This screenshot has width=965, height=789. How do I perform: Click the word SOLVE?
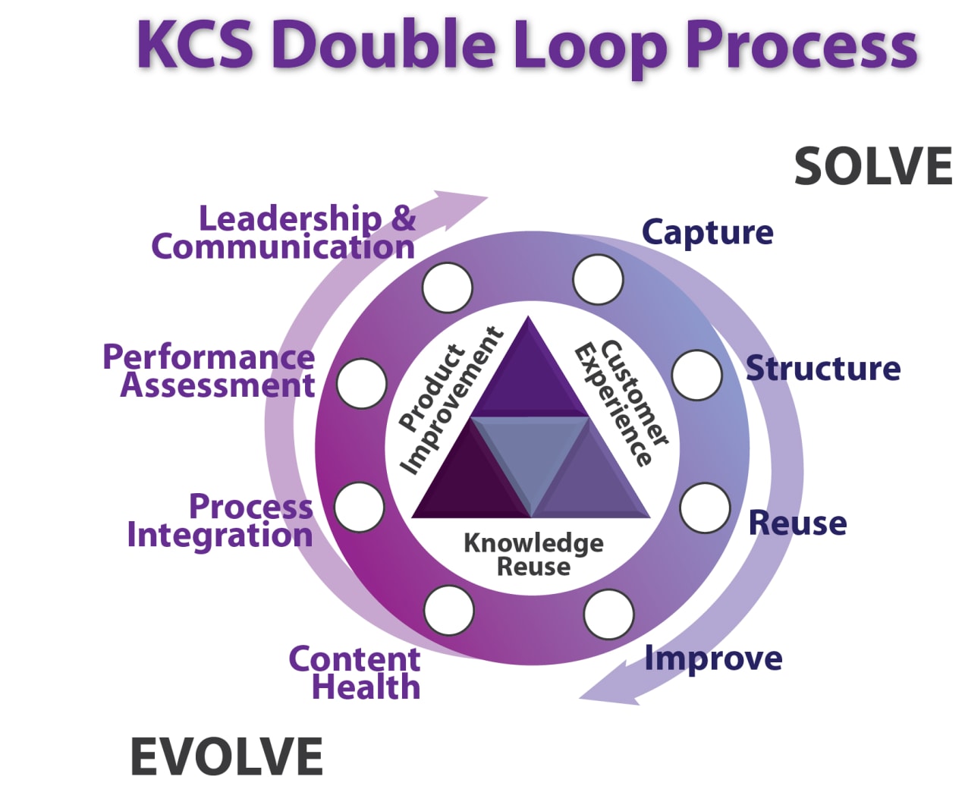pyautogui.click(x=873, y=167)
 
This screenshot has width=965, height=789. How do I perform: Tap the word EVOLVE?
pyautogui.click(x=226, y=756)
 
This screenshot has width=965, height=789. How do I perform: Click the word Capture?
pyautogui.click(x=707, y=232)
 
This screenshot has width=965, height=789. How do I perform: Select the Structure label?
pyautogui.click(x=823, y=369)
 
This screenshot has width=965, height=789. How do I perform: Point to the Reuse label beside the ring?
pyautogui.click(x=797, y=523)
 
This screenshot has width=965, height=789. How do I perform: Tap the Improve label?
pyautogui.click(x=713, y=659)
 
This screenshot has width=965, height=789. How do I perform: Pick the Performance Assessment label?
pyautogui.click(x=209, y=371)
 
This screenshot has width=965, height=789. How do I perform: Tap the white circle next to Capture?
pyautogui.click(x=598, y=280)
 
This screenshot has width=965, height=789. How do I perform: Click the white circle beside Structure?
pyautogui.click(x=696, y=376)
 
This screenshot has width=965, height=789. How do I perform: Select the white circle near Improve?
pyautogui.click(x=608, y=615)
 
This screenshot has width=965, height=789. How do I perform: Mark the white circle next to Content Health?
pyautogui.click(x=449, y=610)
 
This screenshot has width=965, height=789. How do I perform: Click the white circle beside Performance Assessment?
pyautogui.click(x=362, y=383)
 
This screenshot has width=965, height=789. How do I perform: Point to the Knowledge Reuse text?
pyautogui.click(x=533, y=555)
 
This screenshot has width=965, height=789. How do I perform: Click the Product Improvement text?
pyautogui.click(x=450, y=401)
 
